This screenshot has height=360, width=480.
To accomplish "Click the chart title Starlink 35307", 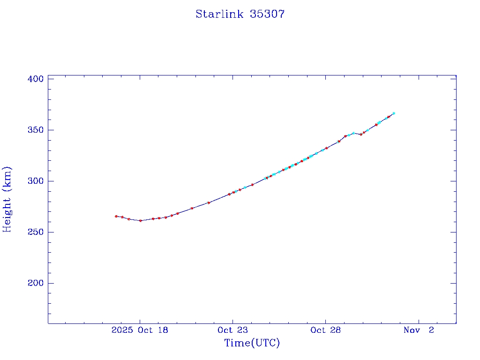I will [x=240, y=14].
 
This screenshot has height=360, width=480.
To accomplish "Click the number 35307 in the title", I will [x=267, y=14].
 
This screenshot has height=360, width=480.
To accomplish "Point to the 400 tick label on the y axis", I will [x=36, y=79].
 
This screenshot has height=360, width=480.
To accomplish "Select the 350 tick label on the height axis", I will [x=36, y=130].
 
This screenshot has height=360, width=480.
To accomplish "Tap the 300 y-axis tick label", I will [x=36, y=181].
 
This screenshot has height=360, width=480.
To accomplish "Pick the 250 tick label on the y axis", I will [x=36, y=232].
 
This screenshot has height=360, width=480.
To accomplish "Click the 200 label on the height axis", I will [x=36, y=283].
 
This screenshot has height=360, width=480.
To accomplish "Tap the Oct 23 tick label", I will [x=232, y=330].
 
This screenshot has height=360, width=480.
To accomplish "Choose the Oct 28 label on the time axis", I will [x=325, y=330].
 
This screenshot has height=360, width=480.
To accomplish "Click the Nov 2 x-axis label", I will [x=419, y=330].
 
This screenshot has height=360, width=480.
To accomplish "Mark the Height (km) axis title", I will [x=7, y=199].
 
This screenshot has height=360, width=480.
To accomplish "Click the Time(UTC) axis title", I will [x=252, y=343].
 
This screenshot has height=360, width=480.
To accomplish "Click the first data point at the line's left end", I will [x=116, y=216].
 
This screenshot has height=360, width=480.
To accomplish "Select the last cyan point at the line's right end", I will [x=394, y=113].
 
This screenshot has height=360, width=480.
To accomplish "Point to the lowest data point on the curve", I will [x=141, y=220].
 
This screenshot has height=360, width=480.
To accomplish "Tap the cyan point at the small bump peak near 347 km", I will [x=353, y=133].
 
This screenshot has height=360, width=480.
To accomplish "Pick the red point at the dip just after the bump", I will [x=360, y=135].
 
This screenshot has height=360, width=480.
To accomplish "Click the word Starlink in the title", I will [x=220, y=14].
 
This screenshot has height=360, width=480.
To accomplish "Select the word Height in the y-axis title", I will [x=7, y=211].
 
